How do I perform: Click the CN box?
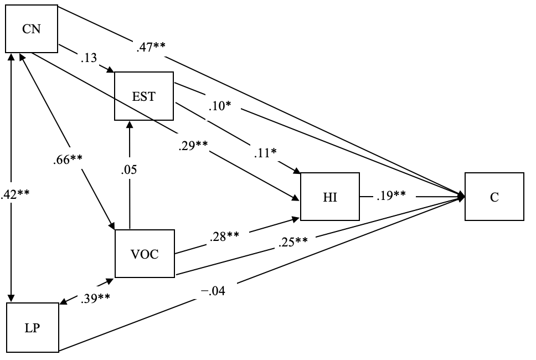32,29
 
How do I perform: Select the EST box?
143,96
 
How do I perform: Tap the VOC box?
144,254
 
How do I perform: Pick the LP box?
32,327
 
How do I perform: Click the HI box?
329,196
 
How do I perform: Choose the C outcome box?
494,197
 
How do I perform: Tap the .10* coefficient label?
220,106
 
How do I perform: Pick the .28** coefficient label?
224,236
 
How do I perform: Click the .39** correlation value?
95,299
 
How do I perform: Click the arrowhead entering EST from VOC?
129,124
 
